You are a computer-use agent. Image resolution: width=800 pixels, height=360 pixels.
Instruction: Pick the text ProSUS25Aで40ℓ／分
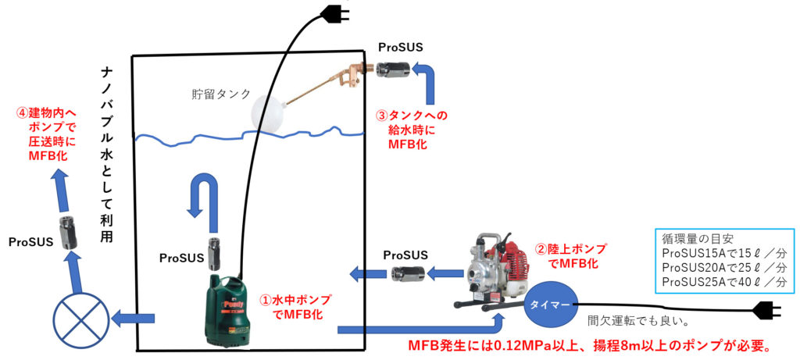point(723,281)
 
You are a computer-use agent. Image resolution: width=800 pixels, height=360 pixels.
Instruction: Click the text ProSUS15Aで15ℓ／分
point(723,253)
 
